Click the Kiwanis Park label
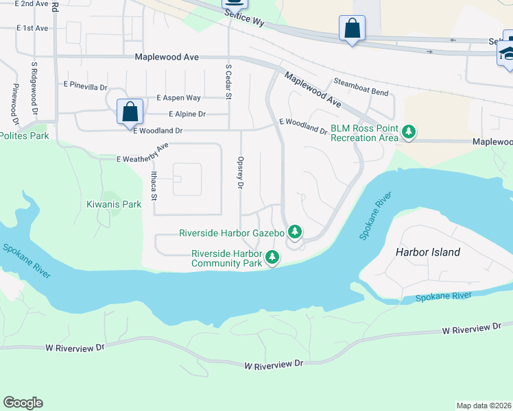click(x=114, y=204)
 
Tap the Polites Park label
click(x=25, y=136)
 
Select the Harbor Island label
click(x=428, y=252)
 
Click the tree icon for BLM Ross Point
click(x=409, y=131)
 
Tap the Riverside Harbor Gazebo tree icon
click(x=295, y=232)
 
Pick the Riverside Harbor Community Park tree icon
click(x=272, y=258)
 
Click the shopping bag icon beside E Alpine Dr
click(x=130, y=112)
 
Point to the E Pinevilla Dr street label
click(x=85, y=87)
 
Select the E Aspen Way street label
click(x=178, y=99)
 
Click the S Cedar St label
click(x=228, y=82)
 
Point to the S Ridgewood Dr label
click(x=33, y=89)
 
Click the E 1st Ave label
click(x=32, y=28)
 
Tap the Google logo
click(x=23, y=403)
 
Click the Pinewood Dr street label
click(x=14, y=100)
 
